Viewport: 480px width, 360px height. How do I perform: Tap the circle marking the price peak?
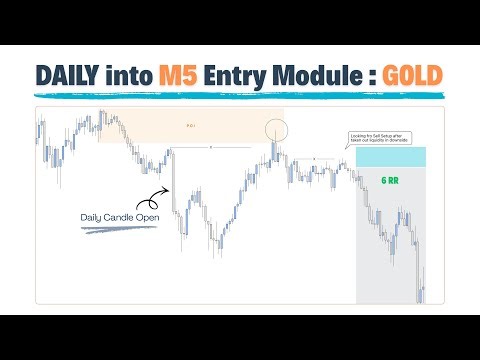(276, 128)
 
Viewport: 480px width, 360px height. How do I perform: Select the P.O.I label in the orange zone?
(192, 126)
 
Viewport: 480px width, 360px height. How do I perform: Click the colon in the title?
(362, 76)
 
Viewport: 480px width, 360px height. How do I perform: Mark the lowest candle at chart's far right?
(423, 294)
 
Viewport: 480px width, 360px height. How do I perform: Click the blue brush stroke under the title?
(240, 97)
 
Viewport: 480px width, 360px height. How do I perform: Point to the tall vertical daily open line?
(173, 180)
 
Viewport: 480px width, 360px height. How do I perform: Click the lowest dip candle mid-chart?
(214, 253)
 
